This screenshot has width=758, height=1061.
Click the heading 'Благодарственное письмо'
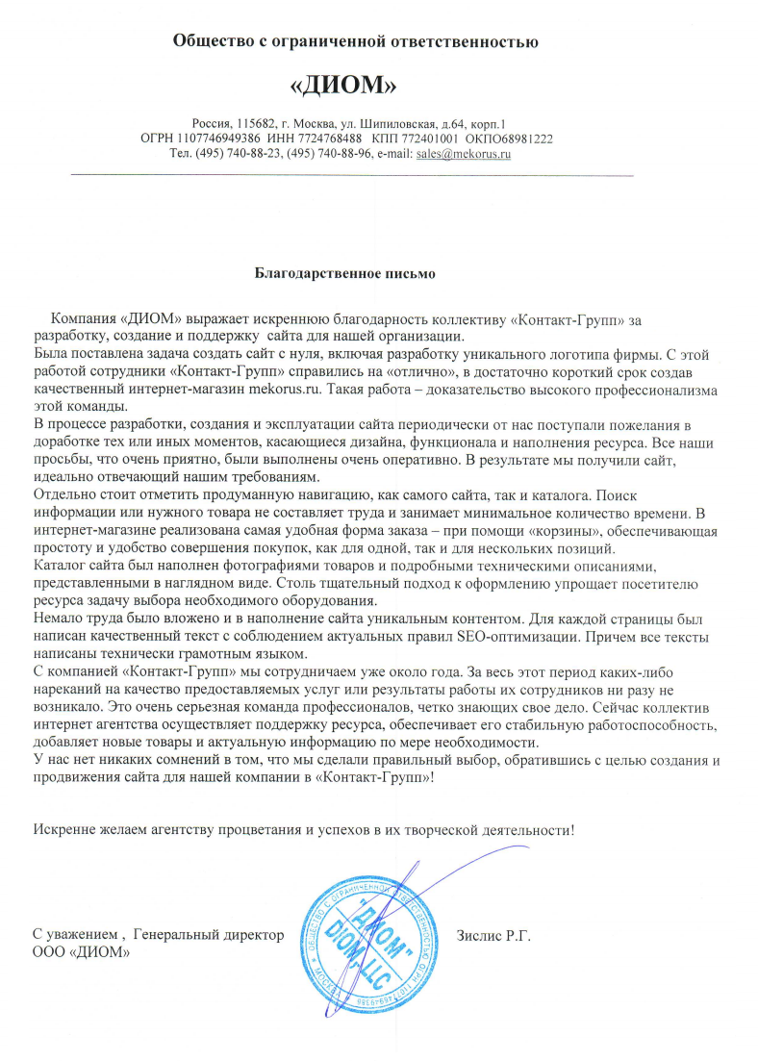345,273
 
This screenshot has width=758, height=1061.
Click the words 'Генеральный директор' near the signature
209,934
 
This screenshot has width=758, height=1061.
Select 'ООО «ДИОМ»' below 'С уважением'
81,951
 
